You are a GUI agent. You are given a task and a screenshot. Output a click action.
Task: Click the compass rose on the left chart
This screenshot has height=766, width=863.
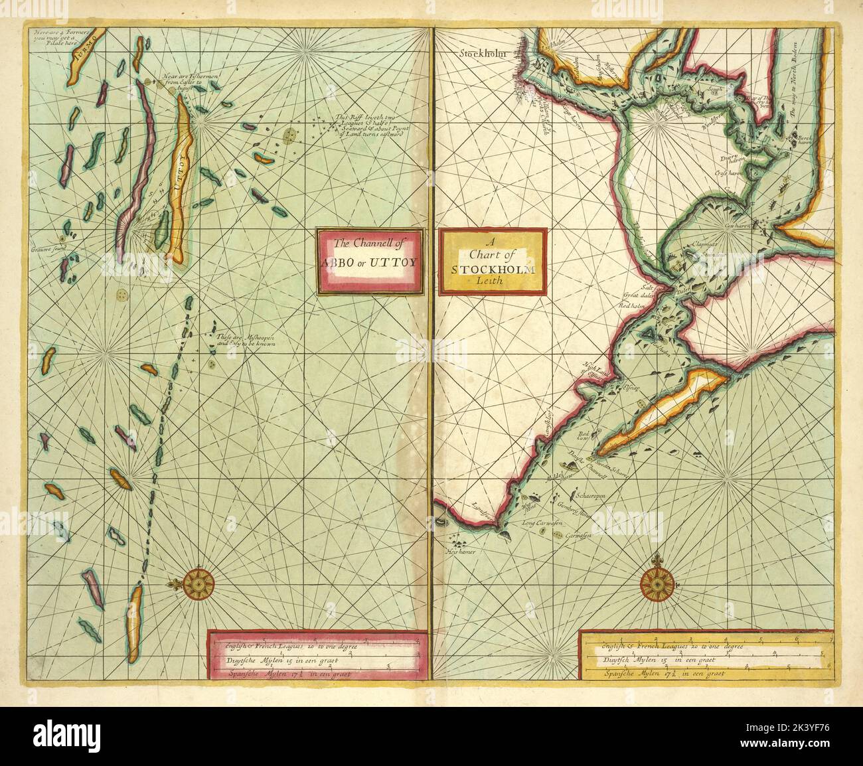[x=198, y=583]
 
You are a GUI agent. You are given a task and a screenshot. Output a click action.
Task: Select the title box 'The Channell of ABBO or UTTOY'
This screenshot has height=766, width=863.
[x=369, y=262]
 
